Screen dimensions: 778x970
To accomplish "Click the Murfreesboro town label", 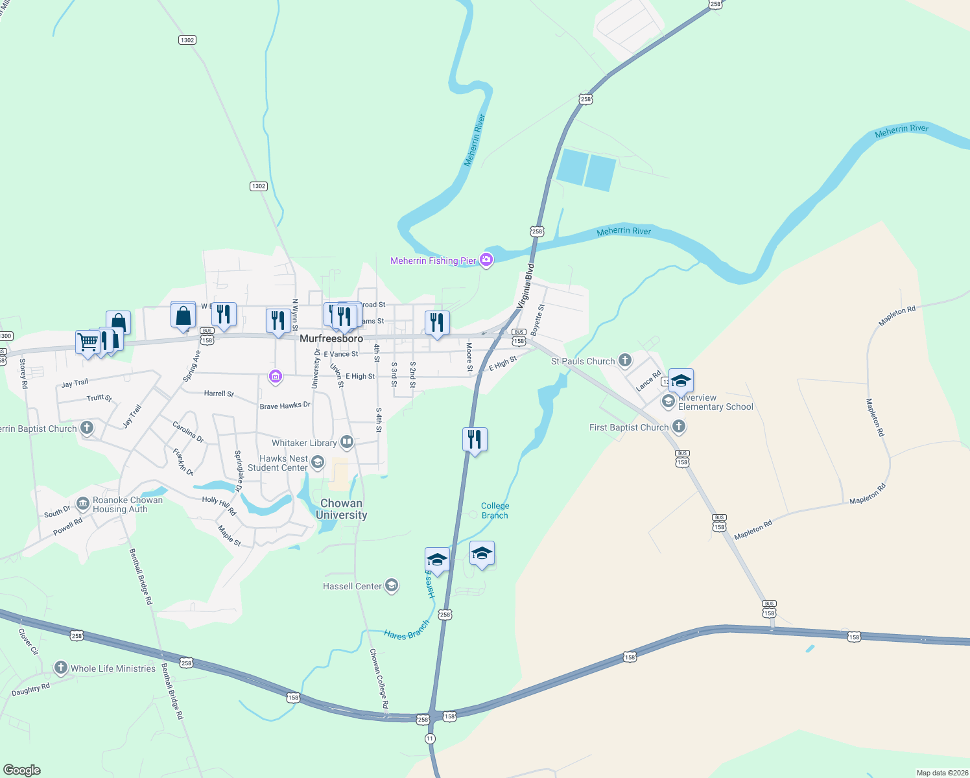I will point(331,338).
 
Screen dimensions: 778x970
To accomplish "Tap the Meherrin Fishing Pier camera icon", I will point(486,260).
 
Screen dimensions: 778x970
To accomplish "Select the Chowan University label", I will point(341,509).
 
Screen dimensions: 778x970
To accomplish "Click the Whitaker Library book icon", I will point(347,442).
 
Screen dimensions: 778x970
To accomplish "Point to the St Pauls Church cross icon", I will point(624,360).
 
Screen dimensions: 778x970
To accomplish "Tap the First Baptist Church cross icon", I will point(678,427).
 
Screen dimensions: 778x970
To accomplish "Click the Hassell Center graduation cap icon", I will point(391,585).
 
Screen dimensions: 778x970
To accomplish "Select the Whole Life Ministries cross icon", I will point(61,667).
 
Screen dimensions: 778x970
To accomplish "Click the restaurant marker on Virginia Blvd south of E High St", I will point(475,440).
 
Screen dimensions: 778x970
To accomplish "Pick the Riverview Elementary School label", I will point(715,402).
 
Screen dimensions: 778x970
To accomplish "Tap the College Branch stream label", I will point(495,510).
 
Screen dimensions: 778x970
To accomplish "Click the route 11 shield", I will point(430,738).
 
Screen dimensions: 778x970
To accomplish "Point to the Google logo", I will point(21,770).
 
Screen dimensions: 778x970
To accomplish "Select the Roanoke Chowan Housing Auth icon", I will point(83,503).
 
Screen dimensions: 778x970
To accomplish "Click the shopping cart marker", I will point(88,341).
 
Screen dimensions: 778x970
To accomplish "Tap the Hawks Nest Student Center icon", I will point(317,462).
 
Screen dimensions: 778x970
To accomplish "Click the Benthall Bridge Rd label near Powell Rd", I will point(141,576).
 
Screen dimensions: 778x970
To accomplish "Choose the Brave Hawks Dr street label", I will point(285,406).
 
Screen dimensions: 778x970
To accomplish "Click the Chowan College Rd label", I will point(379,678).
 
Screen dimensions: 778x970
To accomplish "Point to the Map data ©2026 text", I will point(942,772).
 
